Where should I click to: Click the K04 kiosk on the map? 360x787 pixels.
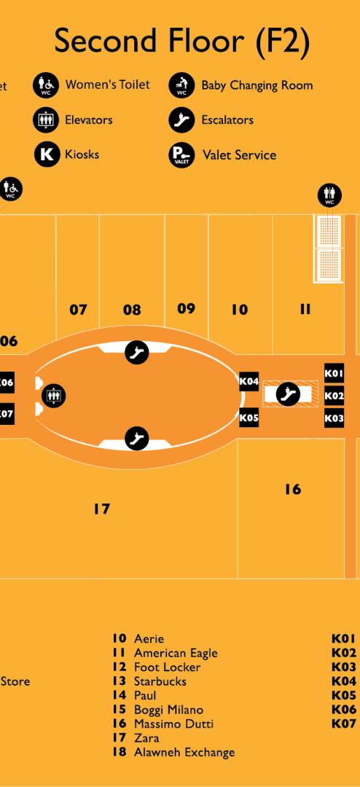pyautogui.click(x=249, y=381)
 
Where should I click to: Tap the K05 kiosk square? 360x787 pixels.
pyautogui.click(x=249, y=417)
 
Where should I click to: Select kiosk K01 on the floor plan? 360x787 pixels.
pyautogui.click(x=334, y=373)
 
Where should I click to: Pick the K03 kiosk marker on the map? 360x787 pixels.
pyautogui.click(x=334, y=418)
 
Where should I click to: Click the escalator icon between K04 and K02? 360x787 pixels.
pyautogui.click(x=288, y=394)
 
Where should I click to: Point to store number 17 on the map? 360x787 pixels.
pyautogui.click(x=101, y=509)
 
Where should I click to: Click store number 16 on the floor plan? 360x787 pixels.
pyautogui.click(x=293, y=489)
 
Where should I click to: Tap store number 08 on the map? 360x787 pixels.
pyautogui.click(x=132, y=310)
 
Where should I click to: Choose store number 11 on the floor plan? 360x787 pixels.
pyautogui.click(x=305, y=309)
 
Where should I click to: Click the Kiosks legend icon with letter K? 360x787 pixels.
pyautogui.click(x=47, y=154)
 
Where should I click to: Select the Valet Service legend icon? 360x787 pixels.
pyautogui.click(x=181, y=154)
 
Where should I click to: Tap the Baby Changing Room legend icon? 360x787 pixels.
pyautogui.click(x=181, y=85)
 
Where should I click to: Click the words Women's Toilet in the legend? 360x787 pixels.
pyautogui.click(x=107, y=85)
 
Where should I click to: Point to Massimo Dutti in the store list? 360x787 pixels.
pyautogui.click(x=173, y=724)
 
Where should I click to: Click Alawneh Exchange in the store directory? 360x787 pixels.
pyautogui.click(x=184, y=752)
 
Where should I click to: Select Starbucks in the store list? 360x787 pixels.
pyautogui.click(x=160, y=681)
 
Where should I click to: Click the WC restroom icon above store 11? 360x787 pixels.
pyautogui.click(x=330, y=195)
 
